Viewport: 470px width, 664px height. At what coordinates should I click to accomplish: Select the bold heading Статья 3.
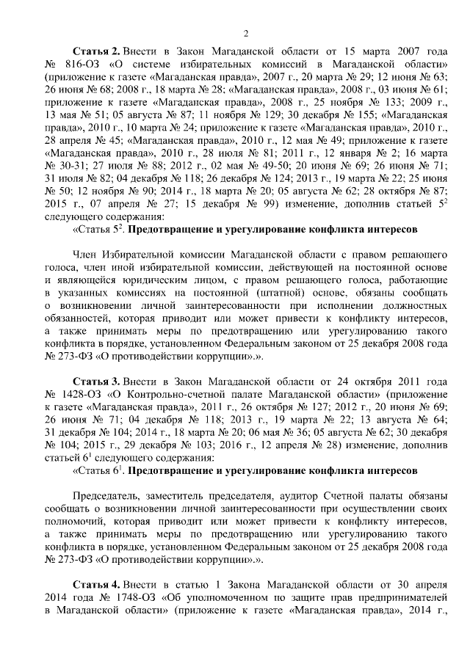96,383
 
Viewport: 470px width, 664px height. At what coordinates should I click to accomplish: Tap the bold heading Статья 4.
96,584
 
